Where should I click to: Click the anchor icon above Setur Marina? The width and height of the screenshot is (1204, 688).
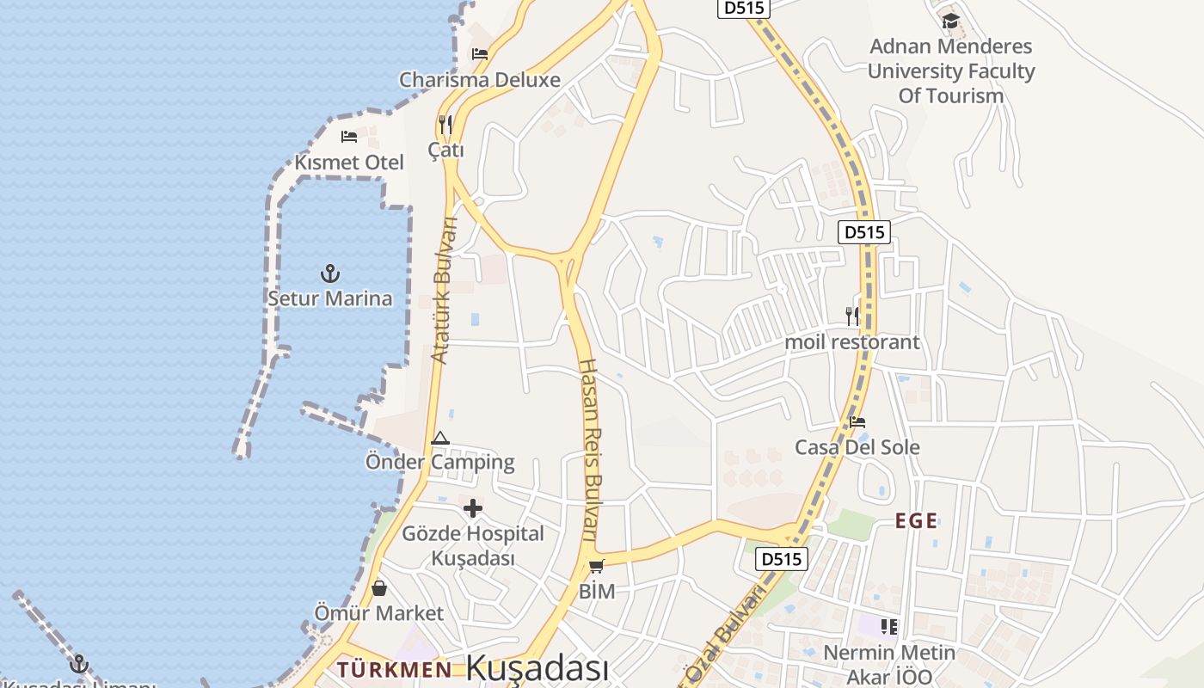330,274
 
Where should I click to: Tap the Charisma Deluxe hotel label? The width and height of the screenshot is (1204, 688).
480,80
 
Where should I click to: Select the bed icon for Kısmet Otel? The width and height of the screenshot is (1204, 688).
348,137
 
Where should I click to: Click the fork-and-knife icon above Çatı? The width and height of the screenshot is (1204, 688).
445,125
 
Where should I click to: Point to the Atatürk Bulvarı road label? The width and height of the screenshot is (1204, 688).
444,291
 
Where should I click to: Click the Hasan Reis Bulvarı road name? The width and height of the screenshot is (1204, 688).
589,450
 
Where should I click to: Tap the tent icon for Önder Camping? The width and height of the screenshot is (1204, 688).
440,439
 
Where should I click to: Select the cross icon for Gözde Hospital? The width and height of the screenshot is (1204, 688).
473,508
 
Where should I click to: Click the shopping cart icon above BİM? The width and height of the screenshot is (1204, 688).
597,566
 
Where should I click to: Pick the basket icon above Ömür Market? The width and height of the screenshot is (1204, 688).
379,589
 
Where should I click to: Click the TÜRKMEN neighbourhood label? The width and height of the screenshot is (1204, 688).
394,669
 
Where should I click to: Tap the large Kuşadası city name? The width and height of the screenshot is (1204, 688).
537,668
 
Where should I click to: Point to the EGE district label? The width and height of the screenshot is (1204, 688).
916,521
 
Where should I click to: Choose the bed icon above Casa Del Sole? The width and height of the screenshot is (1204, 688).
857,422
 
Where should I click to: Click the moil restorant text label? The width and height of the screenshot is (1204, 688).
852,342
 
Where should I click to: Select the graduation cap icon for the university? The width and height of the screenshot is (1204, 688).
950,21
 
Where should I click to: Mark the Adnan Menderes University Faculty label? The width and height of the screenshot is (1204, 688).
950,71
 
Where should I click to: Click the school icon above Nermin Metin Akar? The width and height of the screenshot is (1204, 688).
889,627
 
